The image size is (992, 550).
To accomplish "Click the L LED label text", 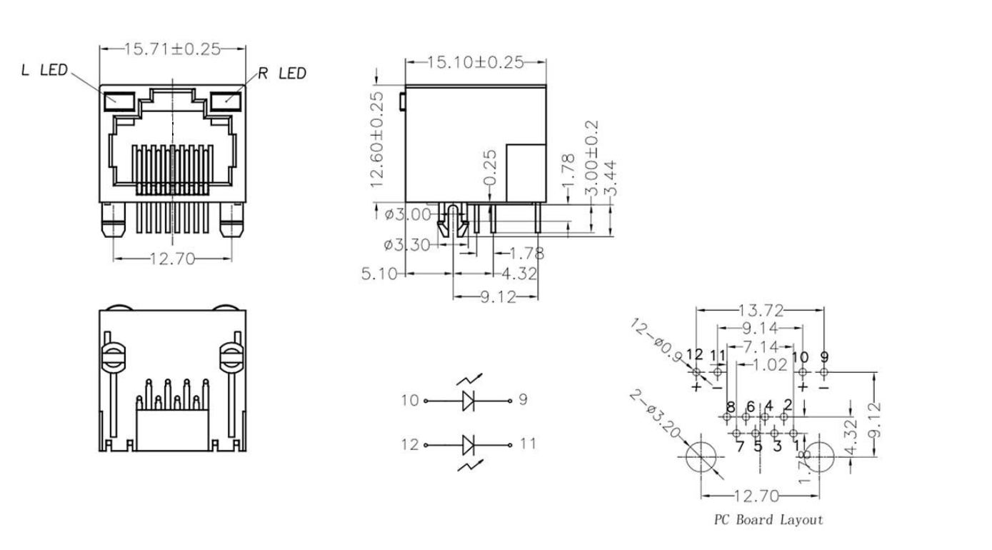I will (x=44, y=70).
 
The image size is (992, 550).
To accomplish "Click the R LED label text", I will (x=282, y=73).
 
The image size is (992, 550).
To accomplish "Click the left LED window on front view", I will (x=119, y=100).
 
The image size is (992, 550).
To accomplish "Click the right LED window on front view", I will (x=226, y=100).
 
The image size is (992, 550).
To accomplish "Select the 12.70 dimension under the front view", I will (x=172, y=259).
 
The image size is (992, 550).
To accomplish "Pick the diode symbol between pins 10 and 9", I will (x=469, y=401).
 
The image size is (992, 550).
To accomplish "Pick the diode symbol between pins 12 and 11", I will (x=469, y=445).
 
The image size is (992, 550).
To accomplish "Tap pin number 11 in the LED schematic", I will (x=527, y=444).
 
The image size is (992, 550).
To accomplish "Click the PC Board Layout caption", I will (x=768, y=520).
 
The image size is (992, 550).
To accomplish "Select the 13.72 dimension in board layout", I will (x=761, y=311).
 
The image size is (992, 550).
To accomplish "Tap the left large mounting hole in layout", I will (x=701, y=457).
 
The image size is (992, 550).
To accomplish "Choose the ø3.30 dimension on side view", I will (x=406, y=246).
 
